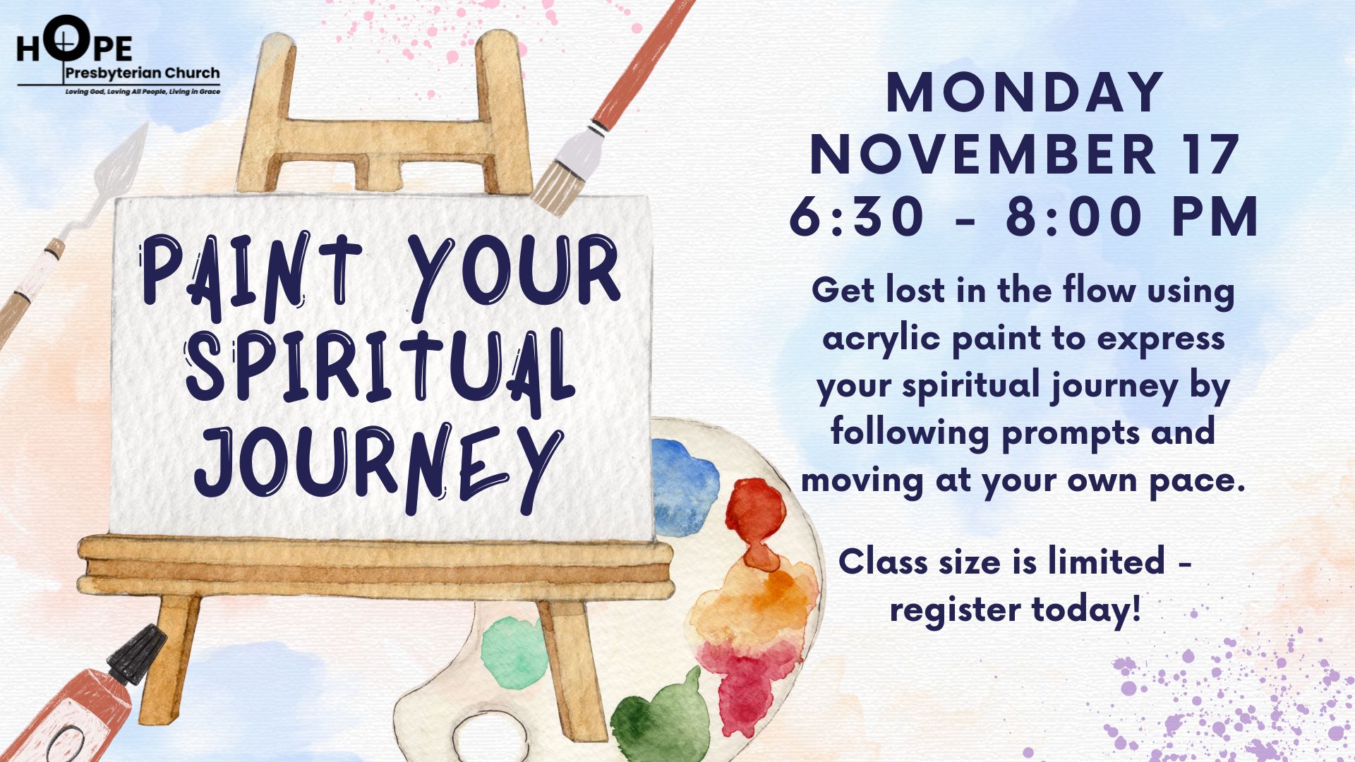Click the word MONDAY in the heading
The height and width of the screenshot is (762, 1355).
(x=1025, y=92)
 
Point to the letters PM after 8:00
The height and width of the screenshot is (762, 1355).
(x=1215, y=216)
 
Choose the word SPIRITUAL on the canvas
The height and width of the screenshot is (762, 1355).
(x=380, y=372)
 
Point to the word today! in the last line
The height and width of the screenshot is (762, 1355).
(x=1086, y=609)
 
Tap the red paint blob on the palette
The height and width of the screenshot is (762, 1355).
(x=756, y=519)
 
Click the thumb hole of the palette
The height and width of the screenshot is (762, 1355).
(x=486, y=734)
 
